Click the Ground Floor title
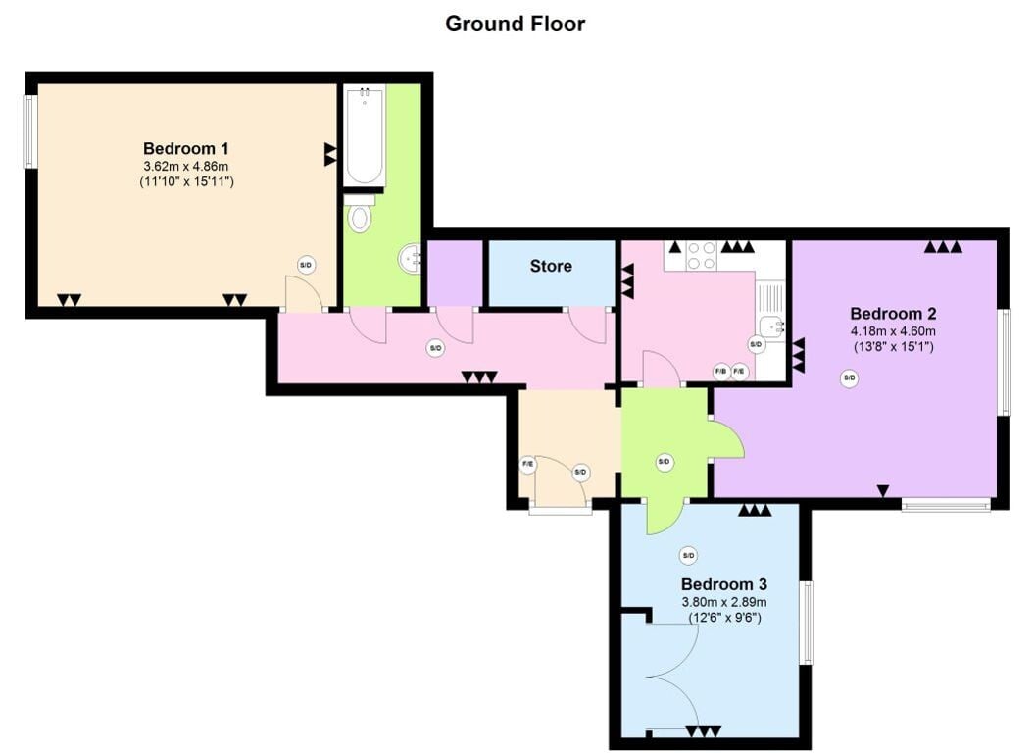point(515,24)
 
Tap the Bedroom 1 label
point(186,149)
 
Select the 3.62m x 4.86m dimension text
point(186,166)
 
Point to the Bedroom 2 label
point(893,314)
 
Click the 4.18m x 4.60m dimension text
point(893,331)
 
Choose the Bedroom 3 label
point(724,584)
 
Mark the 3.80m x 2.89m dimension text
point(724,602)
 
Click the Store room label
point(551,266)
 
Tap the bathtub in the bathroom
point(364,135)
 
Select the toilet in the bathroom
point(359,213)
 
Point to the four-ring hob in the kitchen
point(701,255)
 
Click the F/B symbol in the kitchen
point(720,372)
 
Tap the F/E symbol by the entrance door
point(528,464)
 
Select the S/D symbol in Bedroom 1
point(306,266)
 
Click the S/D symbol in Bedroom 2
point(850,378)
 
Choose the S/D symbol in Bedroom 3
point(688,556)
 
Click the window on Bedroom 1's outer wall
point(29,131)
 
